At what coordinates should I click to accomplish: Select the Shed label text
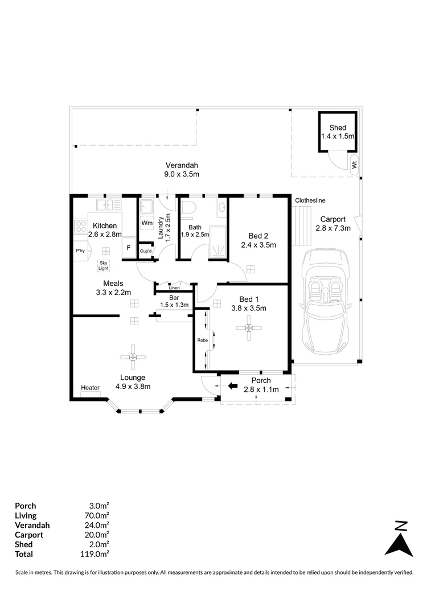(x=338, y=128)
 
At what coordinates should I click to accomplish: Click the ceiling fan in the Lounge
(x=132, y=357)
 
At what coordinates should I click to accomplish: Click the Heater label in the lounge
(x=90, y=388)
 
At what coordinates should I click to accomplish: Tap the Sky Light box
(x=104, y=265)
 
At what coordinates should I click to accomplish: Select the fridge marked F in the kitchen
(x=129, y=248)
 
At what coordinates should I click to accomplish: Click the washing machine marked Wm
(x=147, y=223)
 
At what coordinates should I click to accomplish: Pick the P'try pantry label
(x=80, y=251)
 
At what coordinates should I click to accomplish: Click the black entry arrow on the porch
(x=232, y=386)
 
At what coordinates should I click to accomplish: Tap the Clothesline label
(x=310, y=200)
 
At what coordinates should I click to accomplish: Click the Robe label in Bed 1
(x=202, y=340)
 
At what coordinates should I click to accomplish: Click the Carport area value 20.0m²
(x=97, y=535)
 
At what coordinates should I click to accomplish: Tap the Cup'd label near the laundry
(x=146, y=251)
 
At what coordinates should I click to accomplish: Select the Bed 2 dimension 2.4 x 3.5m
(x=258, y=245)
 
